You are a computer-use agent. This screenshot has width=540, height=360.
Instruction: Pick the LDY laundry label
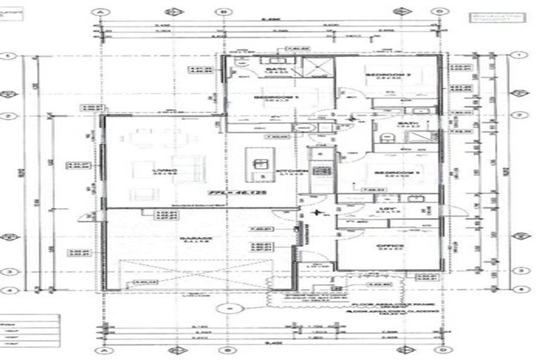click(385, 207)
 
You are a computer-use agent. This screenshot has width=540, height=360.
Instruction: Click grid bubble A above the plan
click(103, 12)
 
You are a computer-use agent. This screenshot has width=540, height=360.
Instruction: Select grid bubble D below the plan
click(439, 349)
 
